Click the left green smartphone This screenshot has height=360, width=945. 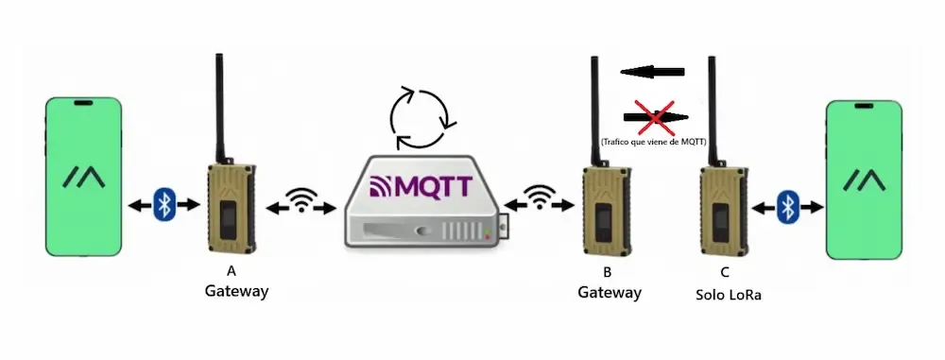point(84,176)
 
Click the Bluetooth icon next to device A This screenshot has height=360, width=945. point(165,203)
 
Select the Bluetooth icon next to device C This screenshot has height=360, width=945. point(787,206)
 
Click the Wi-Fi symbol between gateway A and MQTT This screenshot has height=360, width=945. point(301,200)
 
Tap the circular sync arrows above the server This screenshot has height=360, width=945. point(423,120)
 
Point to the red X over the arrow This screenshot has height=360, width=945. point(654,117)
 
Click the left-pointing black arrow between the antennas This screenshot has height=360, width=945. point(652,70)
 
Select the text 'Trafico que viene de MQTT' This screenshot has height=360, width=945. point(652,141)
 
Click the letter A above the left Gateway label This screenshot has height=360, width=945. point(232,272)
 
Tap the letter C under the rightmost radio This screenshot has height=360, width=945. point(724,274)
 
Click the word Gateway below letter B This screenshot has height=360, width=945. point(610,293)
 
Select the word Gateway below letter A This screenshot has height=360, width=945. point(236,291)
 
